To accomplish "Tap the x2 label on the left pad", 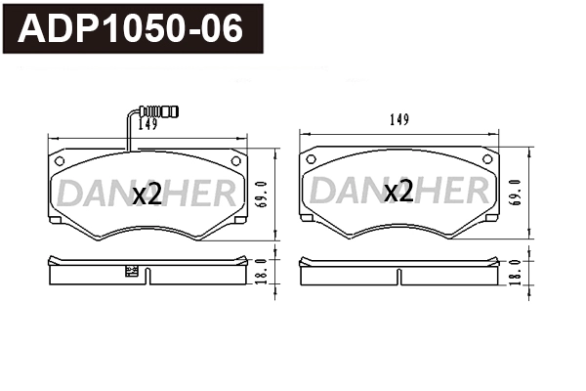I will click(x=146, y=195).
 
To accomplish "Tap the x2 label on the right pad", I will click(x=398, y=193).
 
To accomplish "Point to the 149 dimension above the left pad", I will click(x=147, y=124).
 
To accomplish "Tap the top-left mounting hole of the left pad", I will click(x=60, y=160).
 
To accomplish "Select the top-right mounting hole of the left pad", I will click(x=234, y=160).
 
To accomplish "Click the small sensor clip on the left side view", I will click(x=129, y=274).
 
